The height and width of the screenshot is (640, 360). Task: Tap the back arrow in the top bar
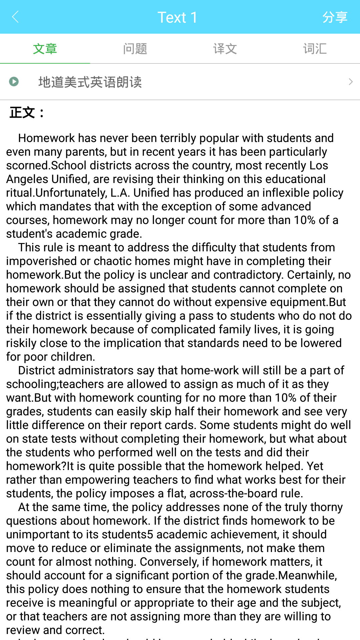pos(15,17)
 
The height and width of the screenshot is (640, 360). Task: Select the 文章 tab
pos(45,49)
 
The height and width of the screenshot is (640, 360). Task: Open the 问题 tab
pos(135,49)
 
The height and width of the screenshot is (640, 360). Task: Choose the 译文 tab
pos(225,49)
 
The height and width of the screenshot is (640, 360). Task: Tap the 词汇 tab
pos(315,49)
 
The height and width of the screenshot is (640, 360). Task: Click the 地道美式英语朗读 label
pos(90,82)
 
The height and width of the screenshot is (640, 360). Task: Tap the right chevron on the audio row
pos(350,82)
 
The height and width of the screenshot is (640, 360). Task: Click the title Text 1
pos(177,17)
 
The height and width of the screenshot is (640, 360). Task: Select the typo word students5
pos(127,535)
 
